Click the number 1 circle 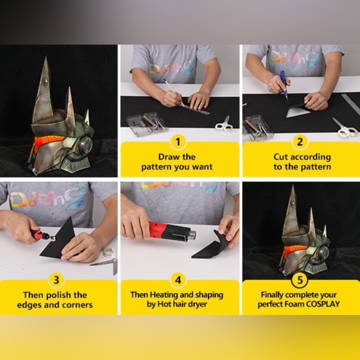(x=179, y=142)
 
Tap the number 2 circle (x=300, y=142)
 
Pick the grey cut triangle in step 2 (x=297, y=111)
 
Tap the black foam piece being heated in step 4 (x=211, y=246)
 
